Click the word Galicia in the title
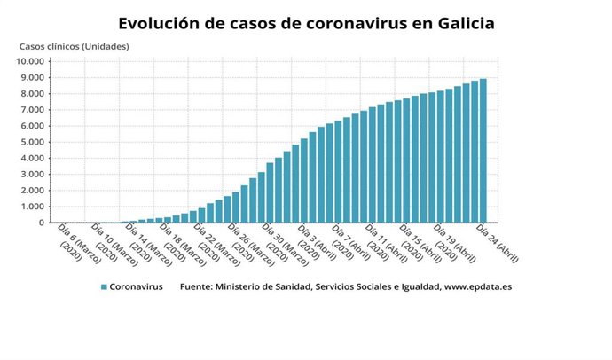click(x=462, y=23)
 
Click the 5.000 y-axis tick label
click(x=31, y=142)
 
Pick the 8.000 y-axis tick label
click(x=31, y=93)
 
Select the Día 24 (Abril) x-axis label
click(x=497, y=242)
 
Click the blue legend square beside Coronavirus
click(x=104, y=287)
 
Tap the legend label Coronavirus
click(x=137, y=287)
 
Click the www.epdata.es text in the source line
click(x=478, y=287)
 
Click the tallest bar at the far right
click(x=483, y=151)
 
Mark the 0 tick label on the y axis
click(x=41, y=223)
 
